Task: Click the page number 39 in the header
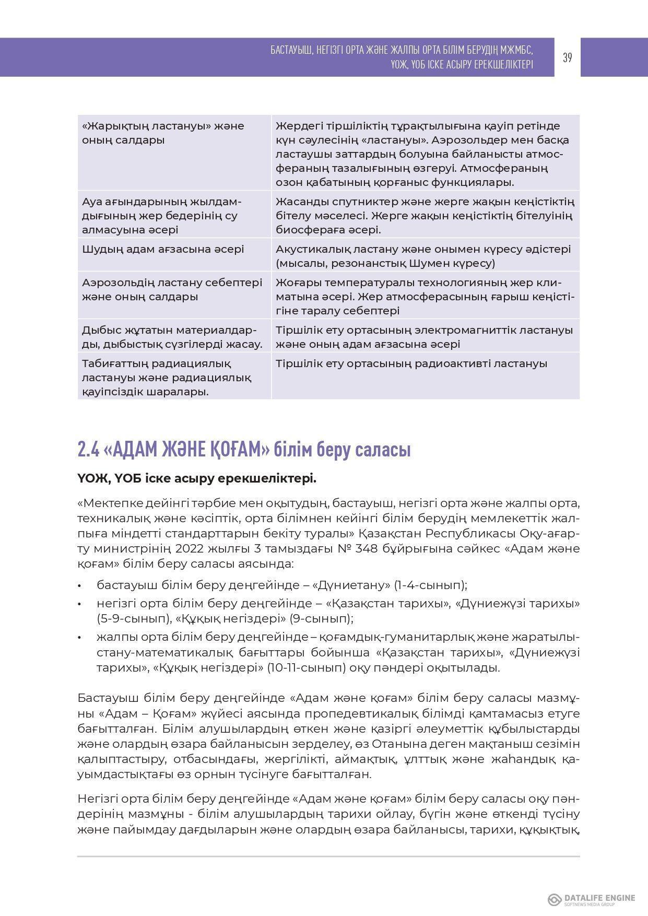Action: click(x=567, y=57)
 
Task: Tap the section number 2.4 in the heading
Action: click(x=87, y=450)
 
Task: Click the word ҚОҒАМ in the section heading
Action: click(x=234, y=450)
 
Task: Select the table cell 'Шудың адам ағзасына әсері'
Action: click(x=163, y=249)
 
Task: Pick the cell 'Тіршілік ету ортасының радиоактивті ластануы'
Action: click(x=411, y=363)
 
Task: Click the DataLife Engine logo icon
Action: click(x=554, y=899)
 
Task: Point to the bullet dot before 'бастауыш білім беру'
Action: click(x=79, y=586)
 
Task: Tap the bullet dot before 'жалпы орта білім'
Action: click(x=79, y=638)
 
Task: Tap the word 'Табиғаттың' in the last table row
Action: click(x=112, y=363)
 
